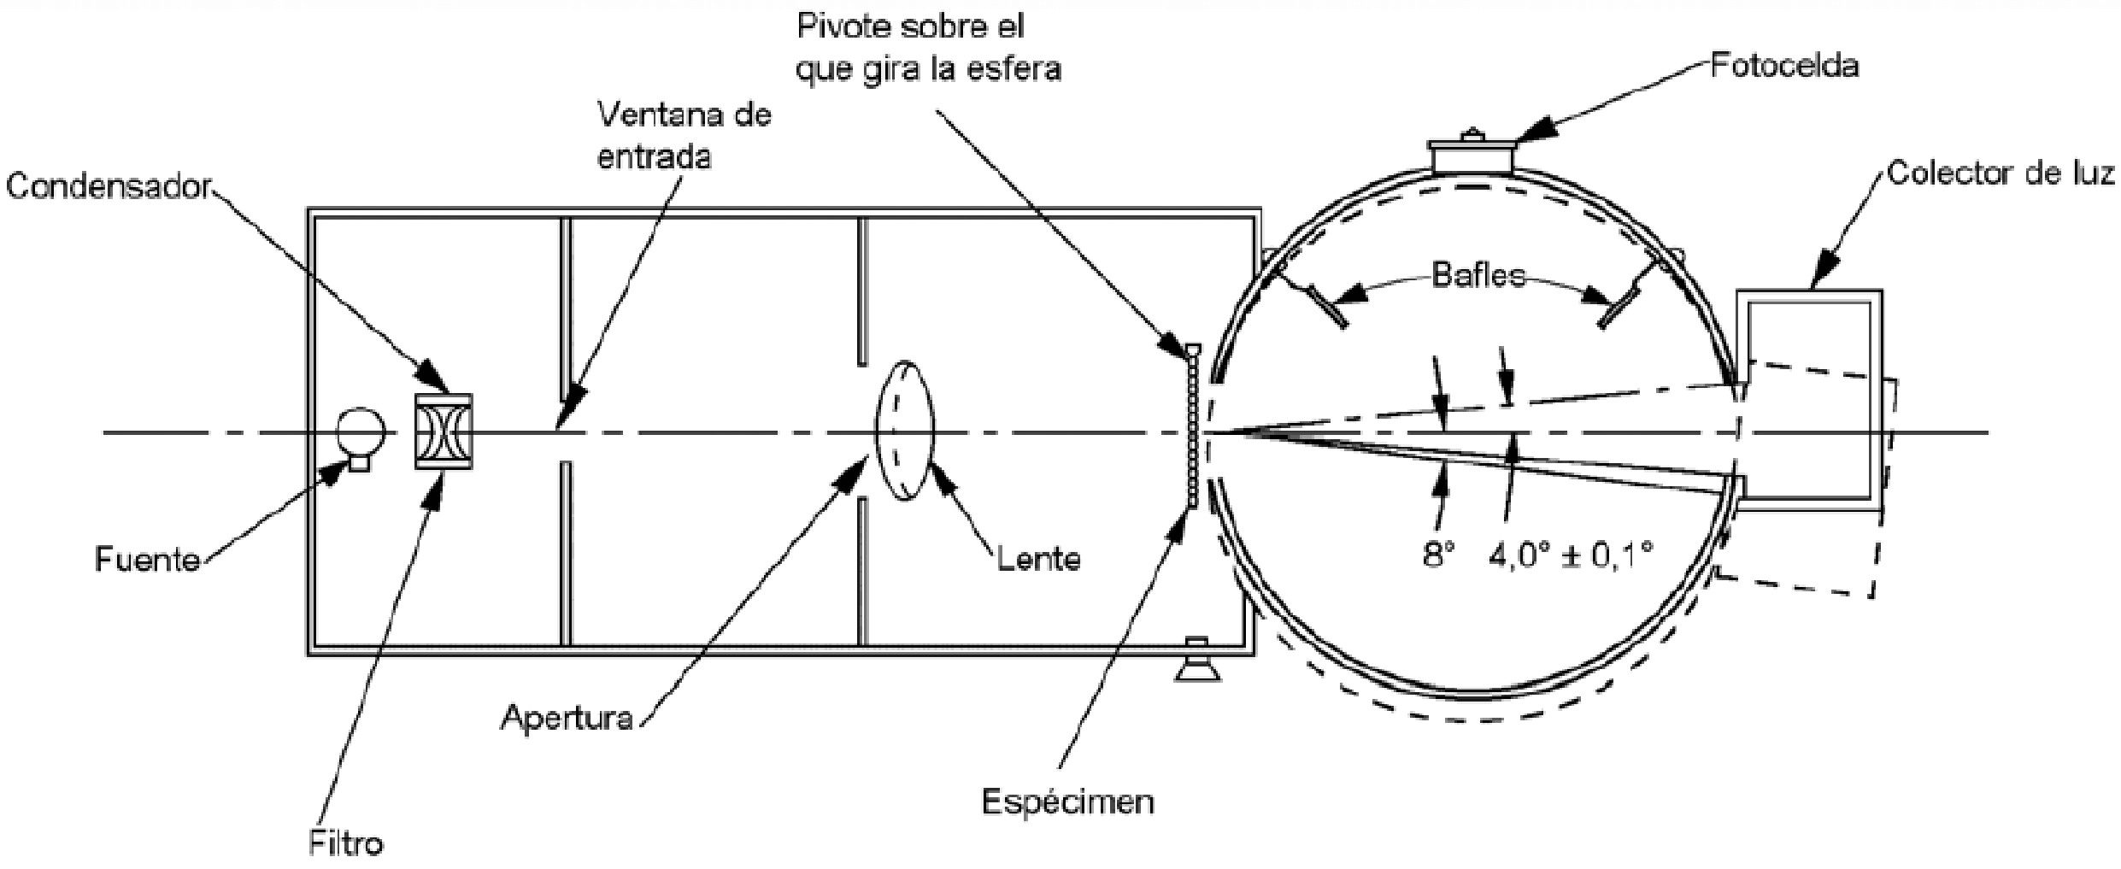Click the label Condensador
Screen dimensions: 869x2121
coord(109,187)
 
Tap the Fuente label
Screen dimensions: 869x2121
coord(147,560)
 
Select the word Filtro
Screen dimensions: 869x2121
coord(345,843)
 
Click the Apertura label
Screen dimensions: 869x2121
coord(567,717)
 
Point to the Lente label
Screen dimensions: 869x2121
coord(1038,559)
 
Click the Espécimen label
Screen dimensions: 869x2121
coord(1068,801)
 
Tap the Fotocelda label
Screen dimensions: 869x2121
coord(1784,66)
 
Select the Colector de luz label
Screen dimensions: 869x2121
coord(2000,173)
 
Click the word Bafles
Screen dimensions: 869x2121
coord(1478,276)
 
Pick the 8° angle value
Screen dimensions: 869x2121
coord(1438,556)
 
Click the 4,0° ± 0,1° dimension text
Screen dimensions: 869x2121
coord(1571,556)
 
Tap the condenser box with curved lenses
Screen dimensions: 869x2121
coord(443,432)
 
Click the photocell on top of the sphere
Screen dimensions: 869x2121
coord(1472,158)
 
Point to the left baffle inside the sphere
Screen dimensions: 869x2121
coord(1326,306)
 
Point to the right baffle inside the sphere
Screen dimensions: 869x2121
coord(1619,307)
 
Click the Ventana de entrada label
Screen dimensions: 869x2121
coord(684,136)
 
